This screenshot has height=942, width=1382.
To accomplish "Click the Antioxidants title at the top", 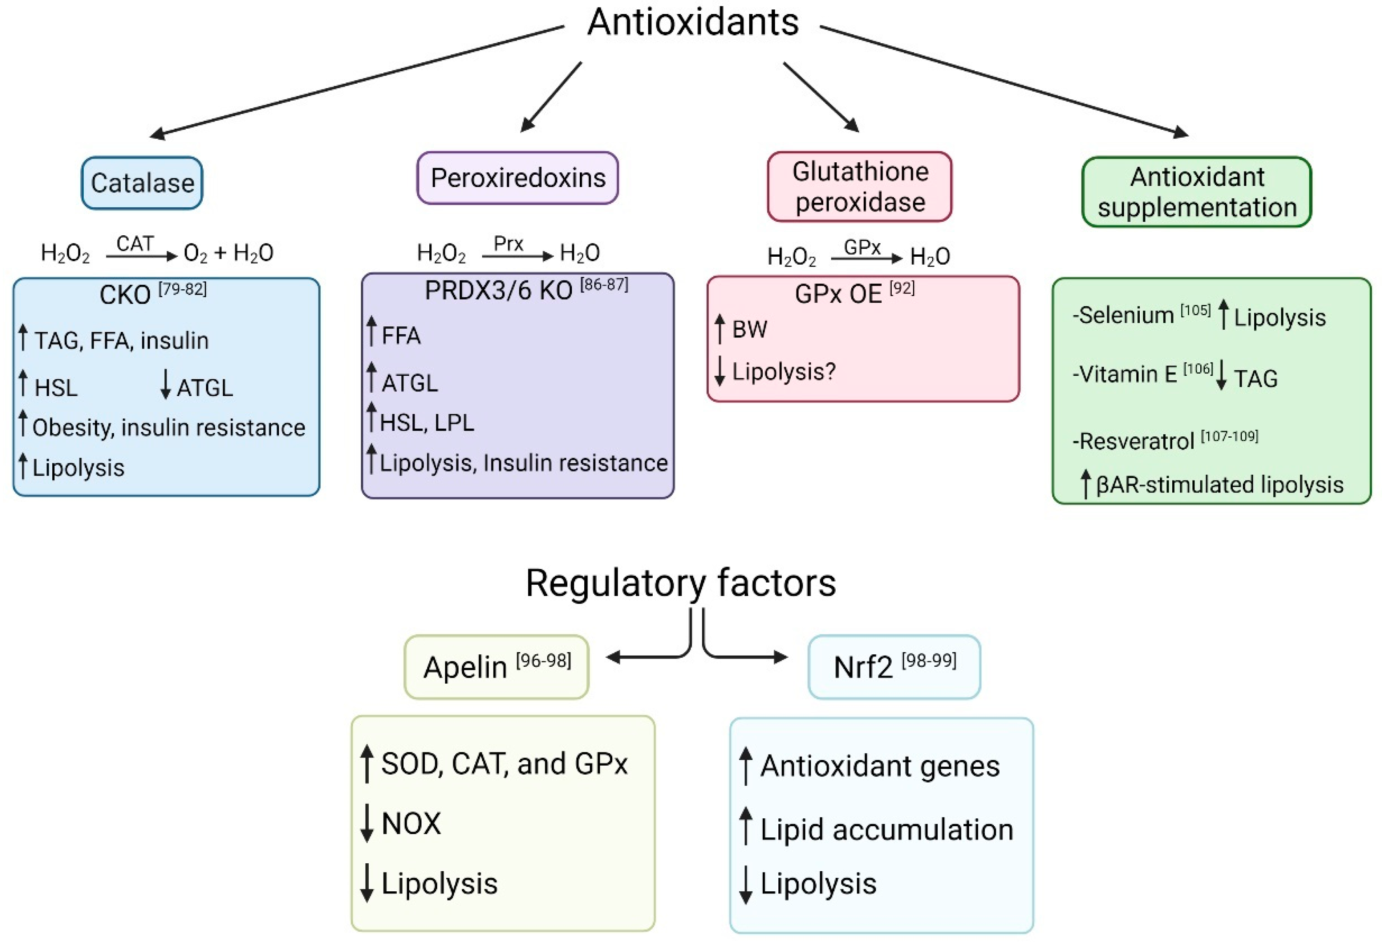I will point(692,23).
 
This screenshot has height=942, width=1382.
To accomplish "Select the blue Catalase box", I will point(142,183).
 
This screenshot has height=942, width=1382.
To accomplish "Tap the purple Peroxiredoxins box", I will point(518,178).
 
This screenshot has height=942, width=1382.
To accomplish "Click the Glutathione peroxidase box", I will point(860,186).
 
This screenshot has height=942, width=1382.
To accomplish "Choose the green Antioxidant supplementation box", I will point(1197,192).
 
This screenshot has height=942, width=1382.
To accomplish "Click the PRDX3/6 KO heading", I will point(498,290).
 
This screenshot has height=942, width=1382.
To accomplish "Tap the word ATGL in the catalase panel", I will point(204,388).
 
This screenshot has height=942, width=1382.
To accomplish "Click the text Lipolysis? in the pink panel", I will point(783,371).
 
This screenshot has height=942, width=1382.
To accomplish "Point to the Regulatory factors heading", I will point(681,583).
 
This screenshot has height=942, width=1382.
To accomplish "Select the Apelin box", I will point(497,667).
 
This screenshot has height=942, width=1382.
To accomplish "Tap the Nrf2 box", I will point(894,667).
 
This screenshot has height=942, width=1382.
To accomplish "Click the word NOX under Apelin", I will point(411,824).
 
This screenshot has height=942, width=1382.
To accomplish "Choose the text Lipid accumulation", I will point(886,829).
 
